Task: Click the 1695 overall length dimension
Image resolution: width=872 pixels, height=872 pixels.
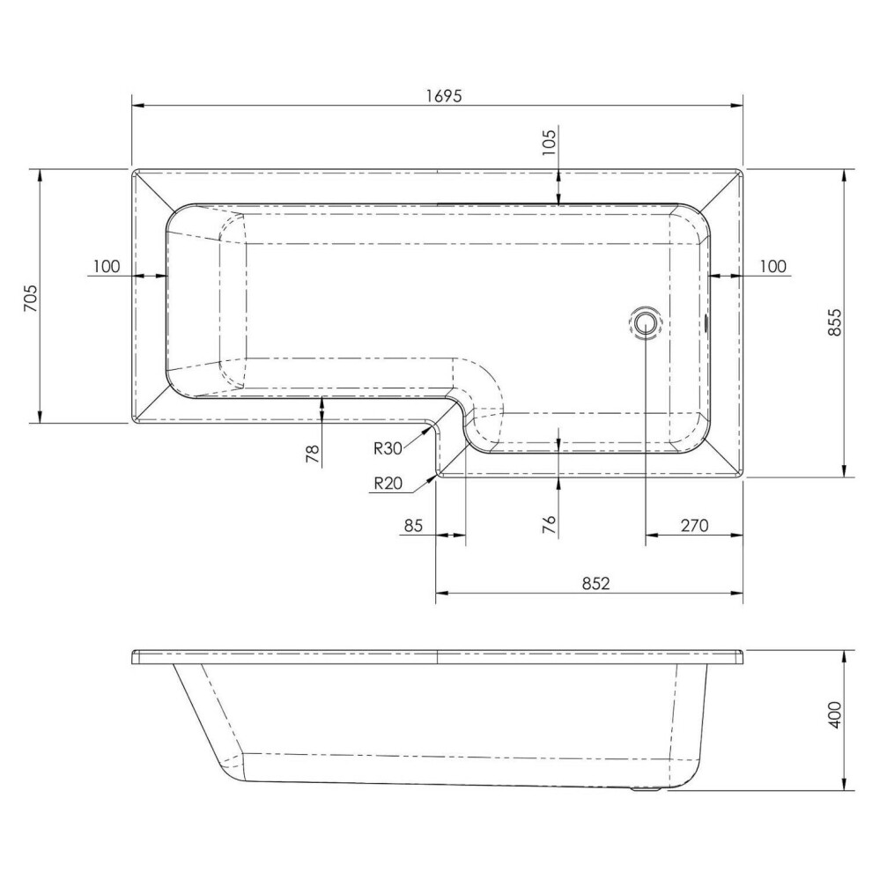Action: pyautogui.click(x=444, y=96)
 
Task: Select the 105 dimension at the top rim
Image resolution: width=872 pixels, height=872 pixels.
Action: pyautogui.click(x=549, y=143)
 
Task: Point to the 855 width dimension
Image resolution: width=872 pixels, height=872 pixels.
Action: pyautogui.click(x=835, y=322)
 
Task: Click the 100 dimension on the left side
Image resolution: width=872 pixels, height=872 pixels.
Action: pyautogui.click(x=107, y=266)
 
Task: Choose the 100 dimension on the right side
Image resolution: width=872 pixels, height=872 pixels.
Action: pyautogui.click(x=773, y=266)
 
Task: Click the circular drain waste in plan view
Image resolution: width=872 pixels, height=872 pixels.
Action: pyautogui.click(x=645, y=322)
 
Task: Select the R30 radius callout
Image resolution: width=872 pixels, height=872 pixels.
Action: pyautogui.click(x=388, y=448)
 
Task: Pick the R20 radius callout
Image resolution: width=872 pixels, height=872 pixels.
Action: pyautogui.click(x=388, y=484)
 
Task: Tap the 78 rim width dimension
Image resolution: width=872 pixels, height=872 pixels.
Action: pyautogui.click(x=314, y=454)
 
